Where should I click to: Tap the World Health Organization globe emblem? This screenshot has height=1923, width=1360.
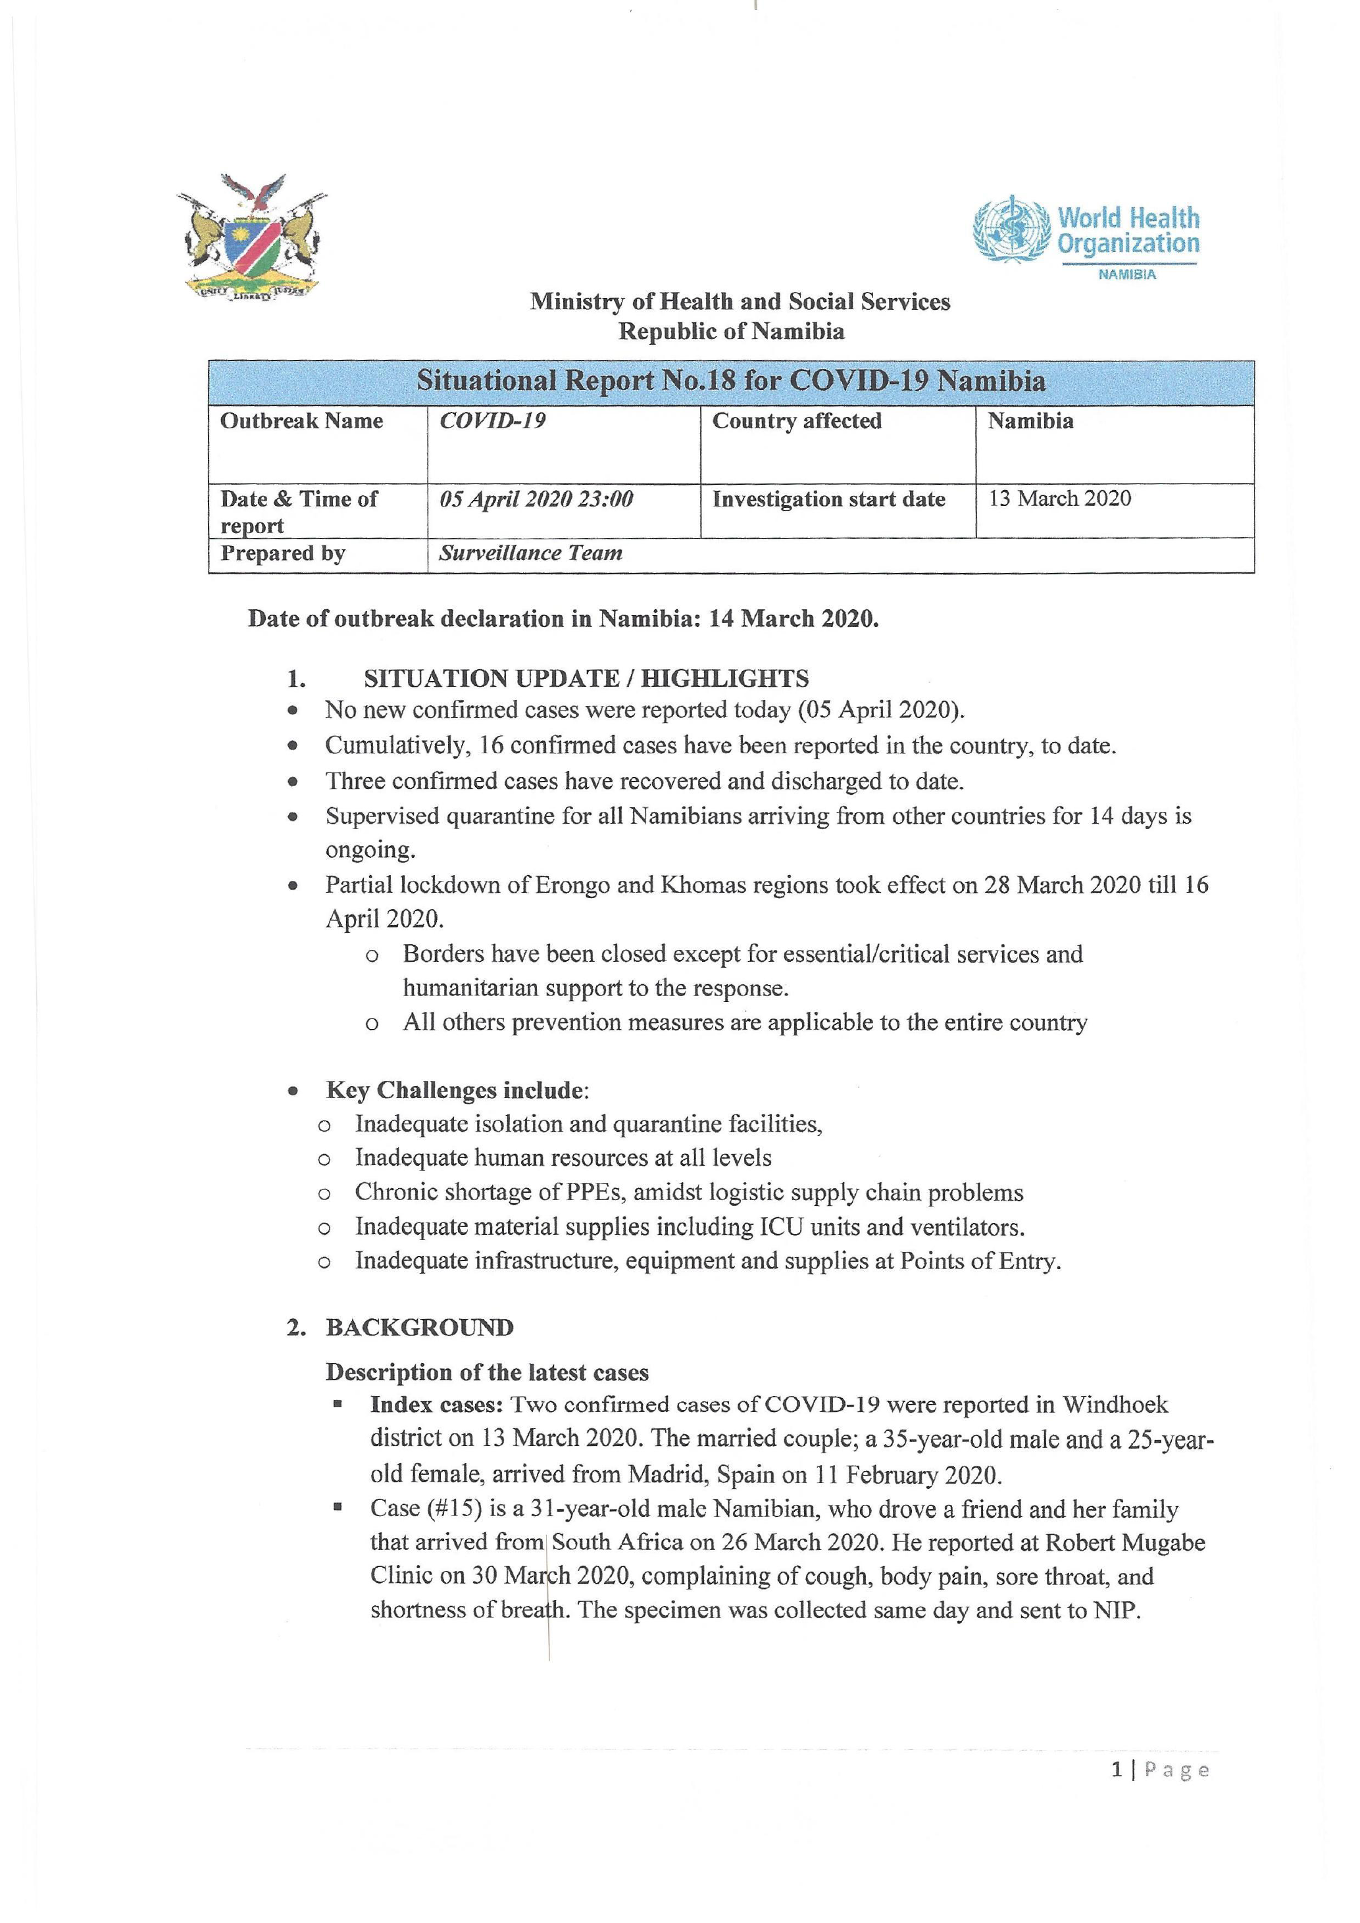[x=1011, y=229]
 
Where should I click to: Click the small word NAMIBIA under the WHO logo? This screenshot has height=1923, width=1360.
[x=1127, y=275]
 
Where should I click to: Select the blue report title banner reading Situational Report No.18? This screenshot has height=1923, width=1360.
[x=730, y=382]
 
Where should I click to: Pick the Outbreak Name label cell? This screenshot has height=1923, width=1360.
[x=301, y=421]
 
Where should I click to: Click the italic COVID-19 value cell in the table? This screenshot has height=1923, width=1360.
[x=492, y=421]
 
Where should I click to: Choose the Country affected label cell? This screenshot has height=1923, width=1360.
[x=796, y=421]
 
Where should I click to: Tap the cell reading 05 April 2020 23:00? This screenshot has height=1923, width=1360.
[x=536, y=499]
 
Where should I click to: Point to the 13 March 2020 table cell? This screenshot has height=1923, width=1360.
[x=1059, y=499]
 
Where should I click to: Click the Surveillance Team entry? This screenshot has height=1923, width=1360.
[x=531, y=554]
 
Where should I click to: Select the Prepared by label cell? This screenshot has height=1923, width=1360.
[x=283, y=554]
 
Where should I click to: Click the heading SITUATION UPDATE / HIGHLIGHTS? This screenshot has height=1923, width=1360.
[x=586, y=678]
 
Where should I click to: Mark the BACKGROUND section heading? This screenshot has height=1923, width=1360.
[x=420, y=1328]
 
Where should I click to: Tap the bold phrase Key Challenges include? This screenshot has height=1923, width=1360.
[x=455, y=1091]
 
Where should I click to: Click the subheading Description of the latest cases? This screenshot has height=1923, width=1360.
[x=486, y=1373]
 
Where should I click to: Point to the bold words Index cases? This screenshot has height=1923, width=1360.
[x=436, y=1405]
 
